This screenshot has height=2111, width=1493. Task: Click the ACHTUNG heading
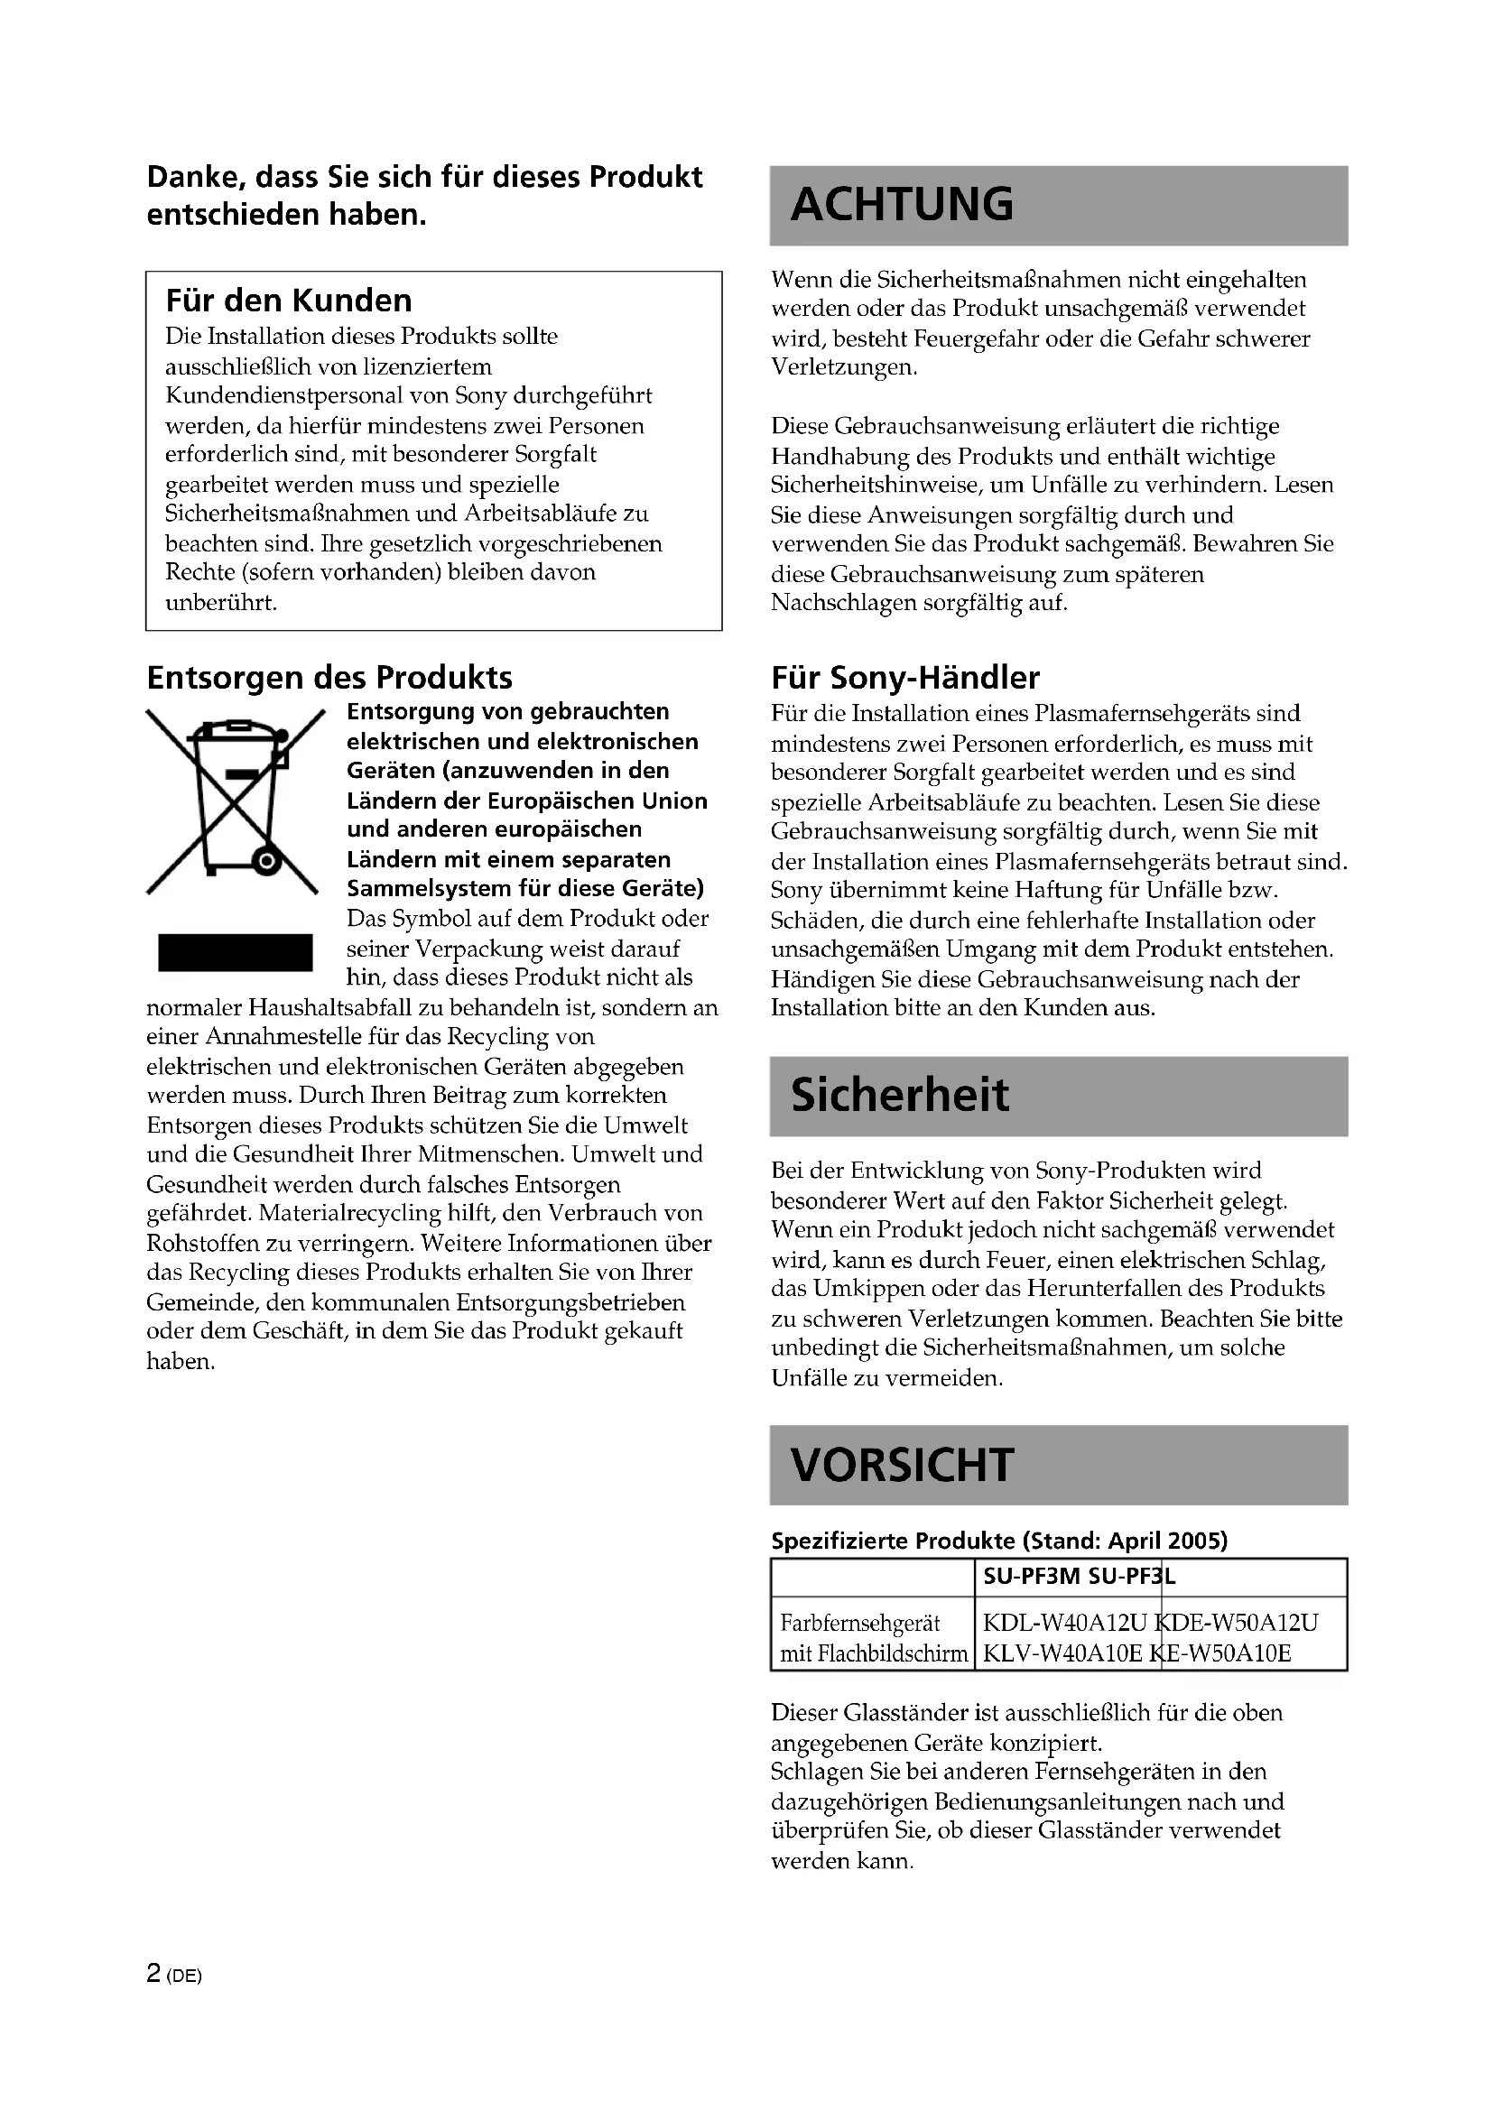(x=902, y=204)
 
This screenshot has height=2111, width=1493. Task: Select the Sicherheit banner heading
(x=899, y=1095)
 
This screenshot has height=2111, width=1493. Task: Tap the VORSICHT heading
(x=902, y=1465)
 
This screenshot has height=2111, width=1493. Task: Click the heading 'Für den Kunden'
(x=289, y=301)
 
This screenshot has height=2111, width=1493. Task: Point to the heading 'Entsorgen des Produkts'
(x=329, y=678)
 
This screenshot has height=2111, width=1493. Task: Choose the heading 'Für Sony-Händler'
(x=904, y=678)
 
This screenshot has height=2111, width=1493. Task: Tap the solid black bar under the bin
(x=236, y=952)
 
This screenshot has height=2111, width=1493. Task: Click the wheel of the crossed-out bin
(x=266, y=862)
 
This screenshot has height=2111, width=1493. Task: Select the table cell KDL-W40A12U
(x=1064, y=1623)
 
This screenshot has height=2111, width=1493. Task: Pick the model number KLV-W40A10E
(x=1062, y=1654)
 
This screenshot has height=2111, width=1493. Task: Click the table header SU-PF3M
(x=1032, y=1577)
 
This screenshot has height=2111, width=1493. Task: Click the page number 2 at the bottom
(x=153, y=1973)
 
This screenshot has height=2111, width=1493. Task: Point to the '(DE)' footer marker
(x=184, y=1975)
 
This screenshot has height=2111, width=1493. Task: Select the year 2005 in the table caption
(x=1197, y=1541)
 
